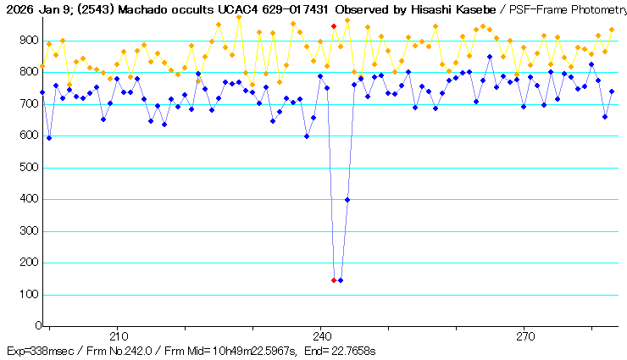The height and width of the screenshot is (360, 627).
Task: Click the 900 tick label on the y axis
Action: pos(29,41)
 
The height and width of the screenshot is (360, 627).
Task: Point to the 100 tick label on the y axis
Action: pos(29,296)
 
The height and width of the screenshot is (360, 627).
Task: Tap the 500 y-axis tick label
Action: pos(29,168)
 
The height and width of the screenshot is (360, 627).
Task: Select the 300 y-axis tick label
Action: pos(29,232)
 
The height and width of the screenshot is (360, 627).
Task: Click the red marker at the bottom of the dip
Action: pos(334,280)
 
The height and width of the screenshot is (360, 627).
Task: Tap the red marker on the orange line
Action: pos(334,26)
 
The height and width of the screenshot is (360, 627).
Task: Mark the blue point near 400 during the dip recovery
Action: pos(347,200)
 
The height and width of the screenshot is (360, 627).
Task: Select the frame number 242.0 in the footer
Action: pos(135,350)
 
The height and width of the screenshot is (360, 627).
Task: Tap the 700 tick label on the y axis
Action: pos(29,104)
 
